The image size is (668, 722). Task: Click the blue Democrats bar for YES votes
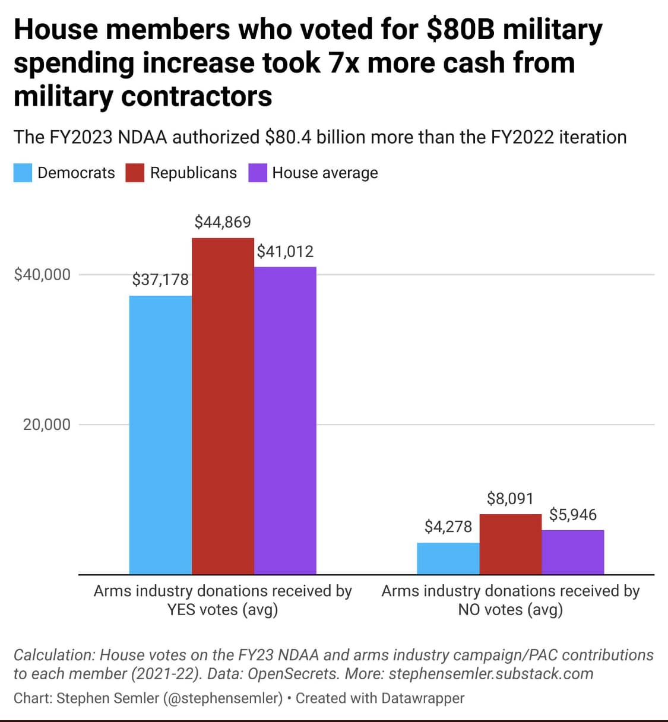[x=160, y=435]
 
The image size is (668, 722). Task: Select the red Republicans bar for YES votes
[x=223, y=406]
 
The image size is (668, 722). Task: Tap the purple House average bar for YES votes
[x=285, y=420]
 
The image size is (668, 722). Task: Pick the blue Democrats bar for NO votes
[x=448, y=558]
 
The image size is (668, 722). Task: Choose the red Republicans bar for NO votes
[x=511, y=544]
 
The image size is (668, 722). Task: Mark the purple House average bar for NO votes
[x=573, y=552]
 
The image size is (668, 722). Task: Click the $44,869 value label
[x=223, y=222]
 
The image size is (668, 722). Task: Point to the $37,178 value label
[x=160, y=280]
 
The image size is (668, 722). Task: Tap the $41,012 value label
[x=285, y=252]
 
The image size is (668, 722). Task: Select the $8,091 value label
[x=510, y=498]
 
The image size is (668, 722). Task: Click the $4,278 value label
[x=448, y=527]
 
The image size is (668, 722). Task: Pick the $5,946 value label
[x=573, y=514]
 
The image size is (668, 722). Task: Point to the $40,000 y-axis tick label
[x=42, y=274]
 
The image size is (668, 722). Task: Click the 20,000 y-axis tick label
[x=47, y=425]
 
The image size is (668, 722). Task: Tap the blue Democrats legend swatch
[x=23, y=173]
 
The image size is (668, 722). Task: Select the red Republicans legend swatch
[x=135, y=173]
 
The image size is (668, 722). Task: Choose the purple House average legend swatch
[x=258, y=173]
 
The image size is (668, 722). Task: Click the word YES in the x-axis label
[x=181, y=610]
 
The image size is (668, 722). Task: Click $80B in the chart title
[x=460, y=29]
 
